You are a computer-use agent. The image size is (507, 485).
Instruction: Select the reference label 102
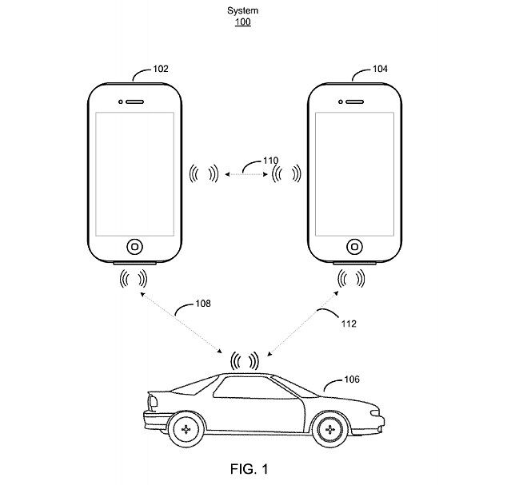click(159, 70)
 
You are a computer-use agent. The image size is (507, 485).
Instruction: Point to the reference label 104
click(380, 70)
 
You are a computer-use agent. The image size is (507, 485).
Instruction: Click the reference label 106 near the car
click(351, 380)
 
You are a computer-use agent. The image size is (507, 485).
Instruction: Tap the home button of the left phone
click(135, 245)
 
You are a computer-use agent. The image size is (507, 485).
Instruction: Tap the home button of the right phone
click(354, 245)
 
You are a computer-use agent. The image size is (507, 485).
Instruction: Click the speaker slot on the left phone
click(135, 102)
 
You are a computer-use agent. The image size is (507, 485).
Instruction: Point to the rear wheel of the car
click(186, 430)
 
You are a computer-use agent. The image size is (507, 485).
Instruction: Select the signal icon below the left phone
click(133, 278)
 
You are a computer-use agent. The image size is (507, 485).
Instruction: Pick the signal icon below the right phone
click(353, 278)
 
